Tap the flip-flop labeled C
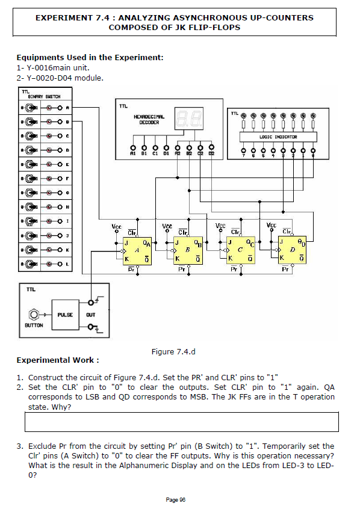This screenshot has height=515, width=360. pos(240,251)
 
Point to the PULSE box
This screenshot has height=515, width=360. pos(65,315)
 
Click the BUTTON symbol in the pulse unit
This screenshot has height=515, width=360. pos(33,315)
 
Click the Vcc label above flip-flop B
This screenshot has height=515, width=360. pos(169,227)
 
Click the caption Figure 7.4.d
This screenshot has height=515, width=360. pos(173,351)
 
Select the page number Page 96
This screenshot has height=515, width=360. pos(175,500)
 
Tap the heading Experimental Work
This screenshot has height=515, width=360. pos(57,360)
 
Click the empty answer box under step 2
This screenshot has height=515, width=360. pos(181,422)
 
